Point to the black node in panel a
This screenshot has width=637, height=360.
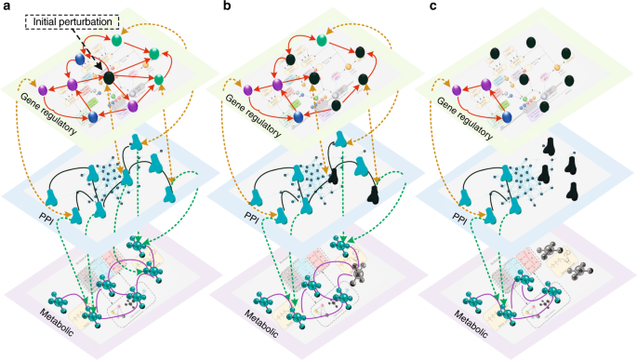pyautogui.click(x=108, y=79)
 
